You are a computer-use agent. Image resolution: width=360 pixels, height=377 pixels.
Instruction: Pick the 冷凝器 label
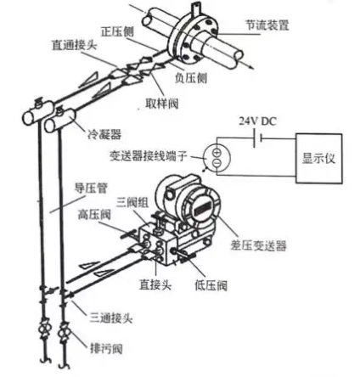coord(104,133)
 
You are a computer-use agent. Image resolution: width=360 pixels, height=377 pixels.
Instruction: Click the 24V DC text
coord(256,121)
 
